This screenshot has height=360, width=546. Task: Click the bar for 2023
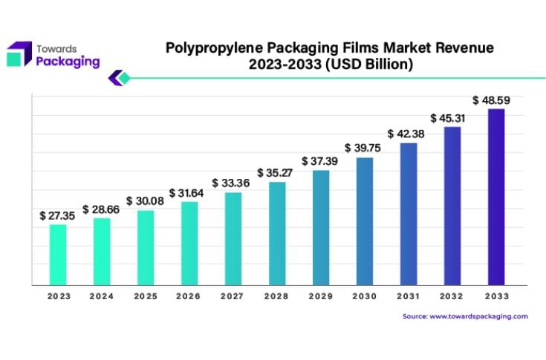pyautogui.click(x=58, y=255)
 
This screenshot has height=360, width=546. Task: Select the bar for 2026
pyautogui.click(x=189, y=243)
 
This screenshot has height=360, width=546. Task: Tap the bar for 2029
pyautogui.click(x=320, y=228)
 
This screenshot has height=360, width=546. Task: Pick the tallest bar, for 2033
pyautogui.click(x=495, y=197)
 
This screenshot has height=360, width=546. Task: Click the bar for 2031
pyautogui.click(x=408, y=214)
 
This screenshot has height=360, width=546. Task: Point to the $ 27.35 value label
pyautogui.click(x=58, y=216)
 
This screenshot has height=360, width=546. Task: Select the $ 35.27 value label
pyautogui.click(x=276, y=173)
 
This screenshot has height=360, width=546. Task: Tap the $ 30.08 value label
pyautogui.click(x=144, y=201)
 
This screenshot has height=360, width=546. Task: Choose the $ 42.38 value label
pyautogui.click(x=406, y=134)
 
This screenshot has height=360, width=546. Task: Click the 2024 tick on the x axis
pyautogui.click(x=102, y=295)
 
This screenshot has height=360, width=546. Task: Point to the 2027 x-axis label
pyautogui.click(x=233, y=295)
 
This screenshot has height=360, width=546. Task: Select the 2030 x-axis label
pyautogui.click(x=364, y=295)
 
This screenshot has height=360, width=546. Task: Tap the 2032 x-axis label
pyautogui.click(x=452, y=295)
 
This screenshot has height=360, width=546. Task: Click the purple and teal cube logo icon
pyautogui.click(x=19, y=54)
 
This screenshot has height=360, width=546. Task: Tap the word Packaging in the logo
pyautogui.click(x=68, y=62)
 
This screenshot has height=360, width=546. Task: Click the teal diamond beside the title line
pyautogui.click(x=124, y=77)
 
